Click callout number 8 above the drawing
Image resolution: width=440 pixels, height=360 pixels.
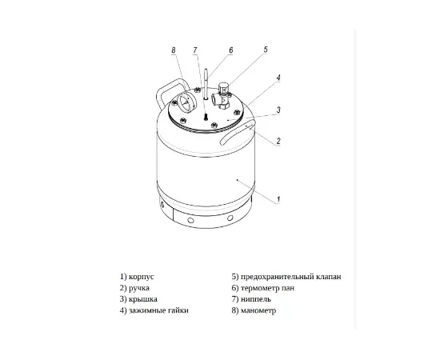pos(174,50)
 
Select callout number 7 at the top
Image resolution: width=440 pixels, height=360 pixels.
pos(195,50)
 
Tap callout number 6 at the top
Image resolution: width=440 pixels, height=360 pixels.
pos(231,50)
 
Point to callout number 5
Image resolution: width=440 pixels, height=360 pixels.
pos(266,50)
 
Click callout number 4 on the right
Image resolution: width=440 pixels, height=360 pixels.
pos(278,78)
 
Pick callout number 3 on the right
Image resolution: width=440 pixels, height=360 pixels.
pos(278,110)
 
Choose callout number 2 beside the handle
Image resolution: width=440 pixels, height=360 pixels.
pos(278,141)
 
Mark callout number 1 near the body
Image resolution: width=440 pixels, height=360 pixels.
pos(278,199)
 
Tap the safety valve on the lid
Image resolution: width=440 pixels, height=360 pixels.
pos(223,95)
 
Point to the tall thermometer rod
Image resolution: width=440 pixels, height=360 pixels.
pos(206,84)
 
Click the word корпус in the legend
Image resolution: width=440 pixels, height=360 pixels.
pos(141,277)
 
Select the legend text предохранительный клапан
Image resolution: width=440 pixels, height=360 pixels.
pos(291,277)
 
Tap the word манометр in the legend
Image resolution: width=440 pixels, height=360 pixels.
pos(258,310)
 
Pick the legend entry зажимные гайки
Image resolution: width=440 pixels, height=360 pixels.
pos(158,310)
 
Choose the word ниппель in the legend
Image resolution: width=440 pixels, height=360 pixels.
pos(256,299)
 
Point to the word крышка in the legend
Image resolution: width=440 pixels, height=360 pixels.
pos(143,299)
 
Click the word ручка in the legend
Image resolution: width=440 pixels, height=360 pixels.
pos(139,288)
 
